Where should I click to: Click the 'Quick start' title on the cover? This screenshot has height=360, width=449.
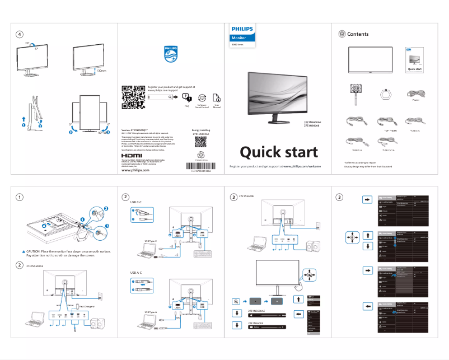(278, 152)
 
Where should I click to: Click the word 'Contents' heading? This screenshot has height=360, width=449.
(358, 34)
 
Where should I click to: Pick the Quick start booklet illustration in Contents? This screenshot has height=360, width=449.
(415, 60)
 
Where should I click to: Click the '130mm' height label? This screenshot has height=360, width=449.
(101, 71)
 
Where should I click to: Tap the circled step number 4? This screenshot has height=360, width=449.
(19, 34)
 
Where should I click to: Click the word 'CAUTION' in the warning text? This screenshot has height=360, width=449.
(32, 252)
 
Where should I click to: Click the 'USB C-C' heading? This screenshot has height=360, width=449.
(136, 202)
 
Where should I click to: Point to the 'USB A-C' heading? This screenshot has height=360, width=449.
(136, 273)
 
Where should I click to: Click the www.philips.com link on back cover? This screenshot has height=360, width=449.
(135, 171)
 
